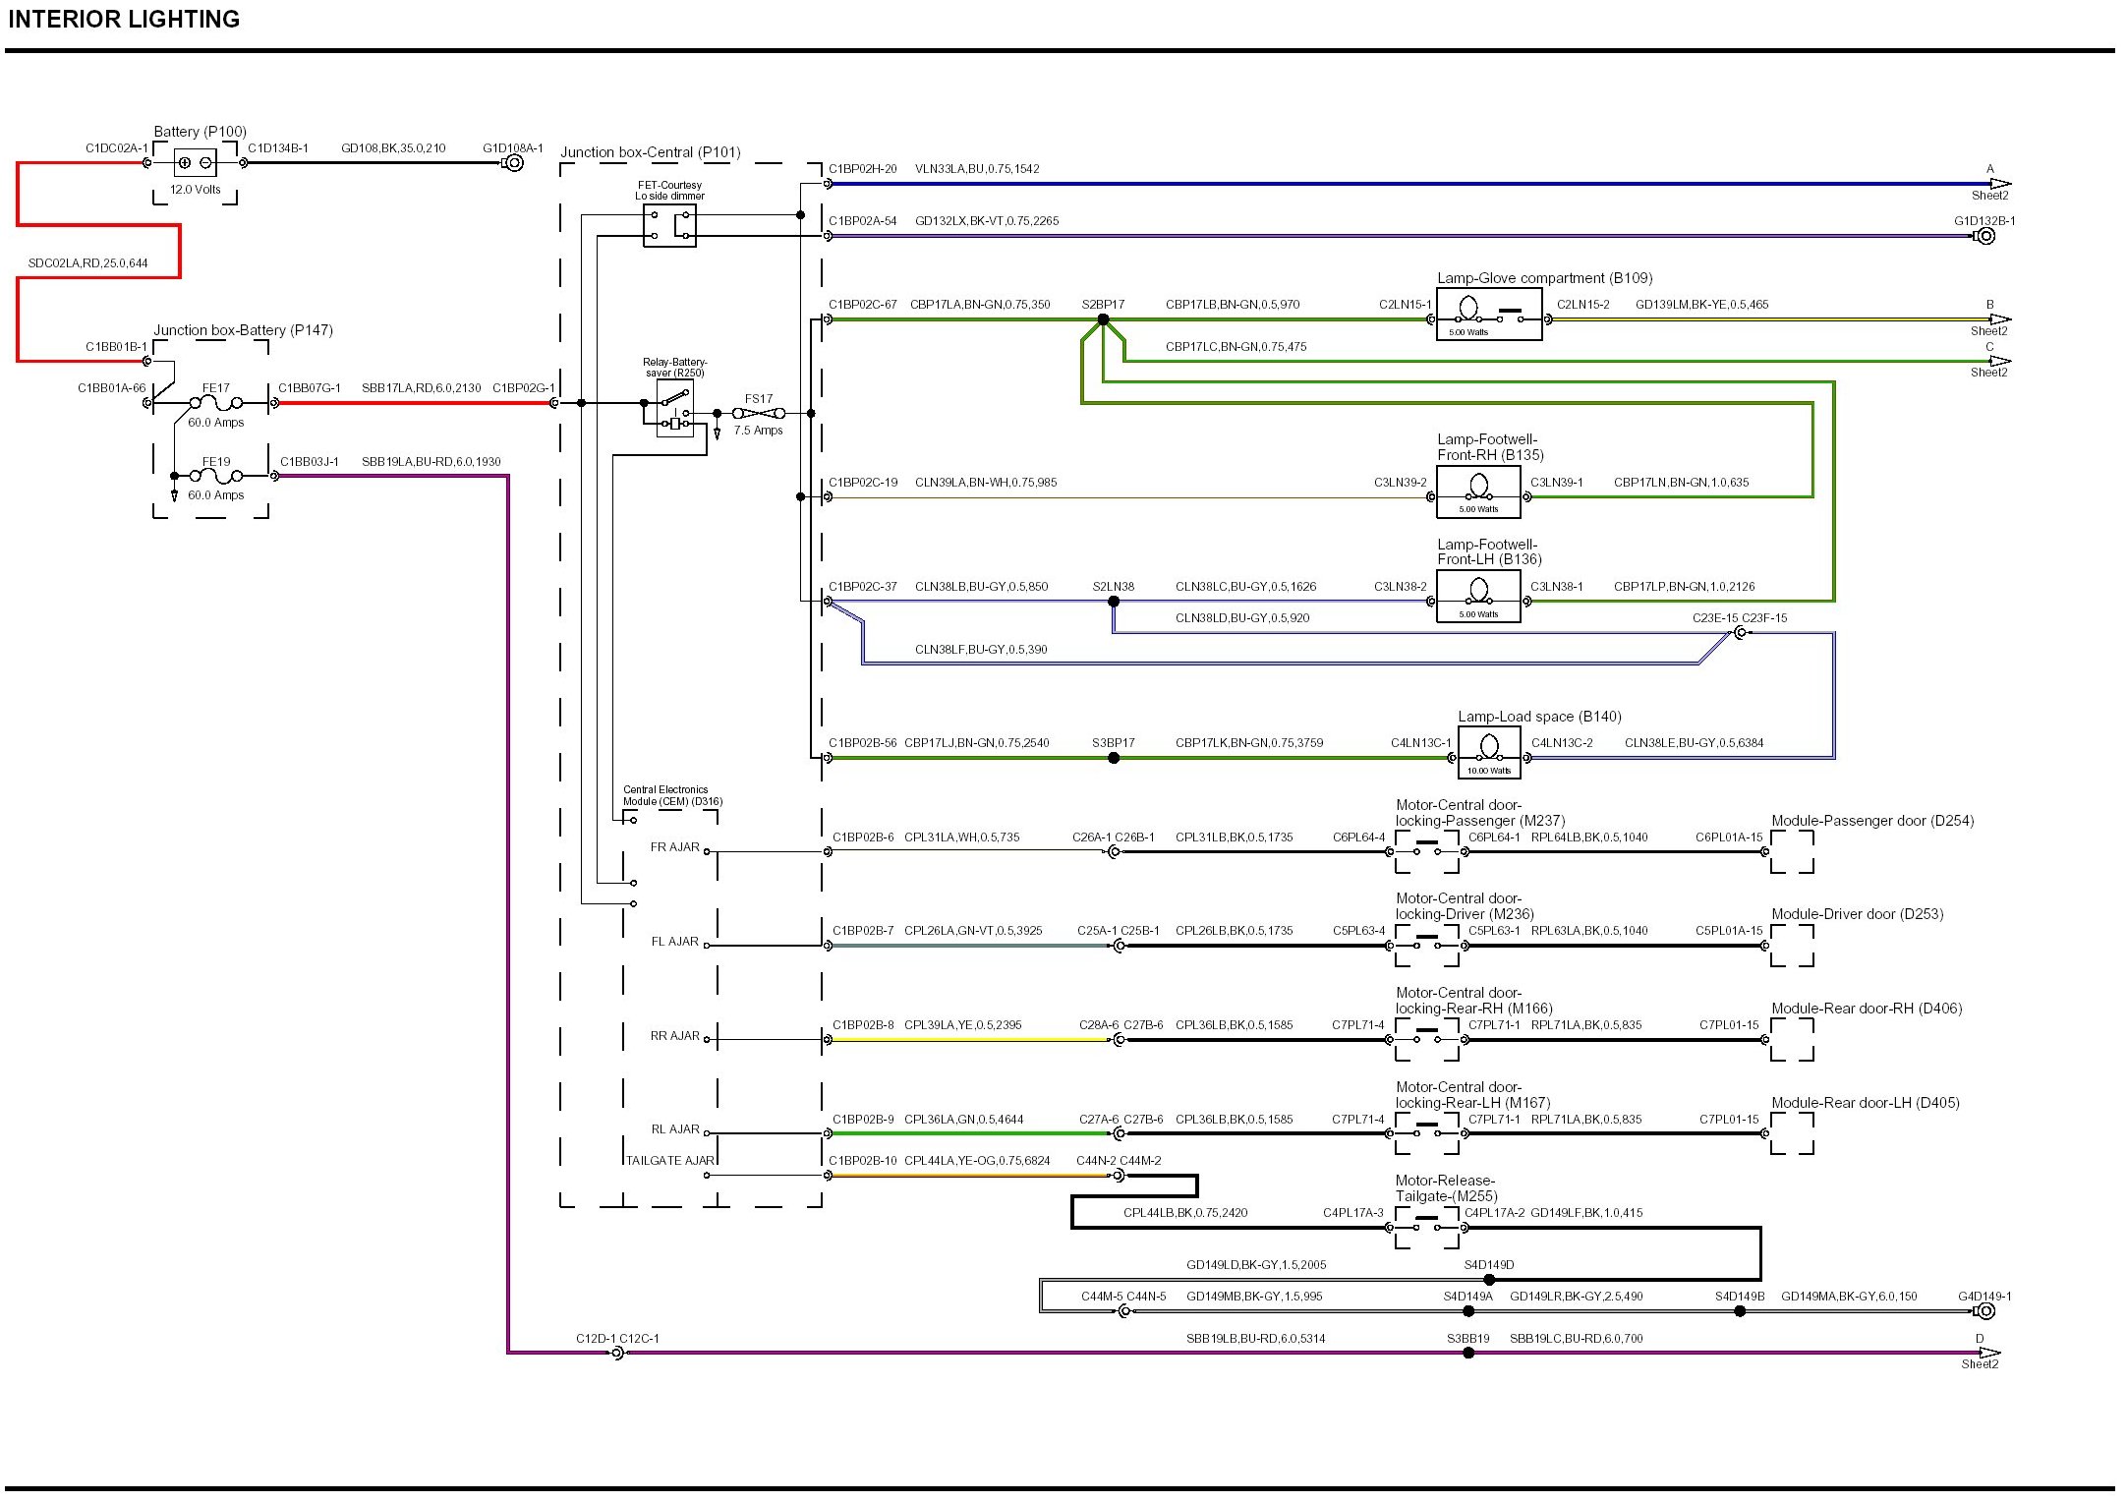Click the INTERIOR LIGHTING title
coord(124,20)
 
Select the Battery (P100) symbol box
coord(195,163)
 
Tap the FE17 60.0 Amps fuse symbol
coord(216,403)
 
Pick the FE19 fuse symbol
coord(216,477)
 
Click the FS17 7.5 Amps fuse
coord(759,414)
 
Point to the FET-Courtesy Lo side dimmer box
coord(669,226)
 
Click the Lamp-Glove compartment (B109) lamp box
coord(1489,315)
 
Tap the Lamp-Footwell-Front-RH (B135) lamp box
coord(1478,491)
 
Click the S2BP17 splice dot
coord(1103,319)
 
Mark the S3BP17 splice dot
coord(1114,758)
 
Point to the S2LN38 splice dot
coord(1114,602)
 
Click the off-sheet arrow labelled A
coord(2000,184)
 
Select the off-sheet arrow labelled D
coord(1989,1353)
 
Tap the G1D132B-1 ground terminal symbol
coord(1984,236)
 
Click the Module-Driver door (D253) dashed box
coord(1792,946)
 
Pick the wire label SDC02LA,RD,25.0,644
coord(88,263)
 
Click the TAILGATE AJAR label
coord(670,1161)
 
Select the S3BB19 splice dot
coord(1468,1353)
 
